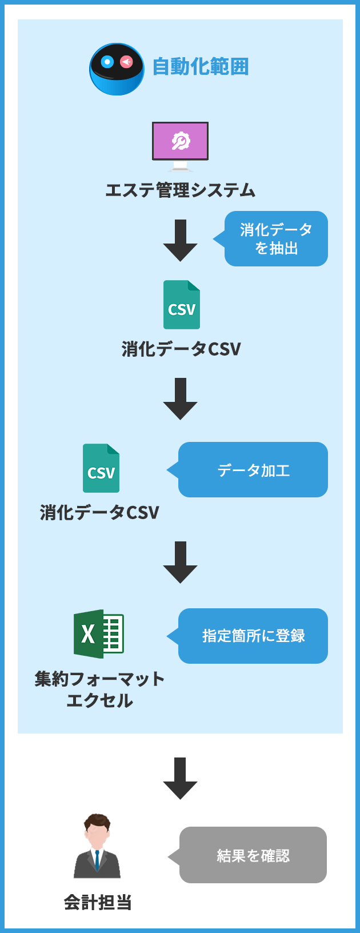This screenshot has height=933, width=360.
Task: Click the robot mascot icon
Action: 117,69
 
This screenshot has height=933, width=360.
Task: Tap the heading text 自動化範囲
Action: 201,67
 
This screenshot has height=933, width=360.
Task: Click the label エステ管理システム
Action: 180,190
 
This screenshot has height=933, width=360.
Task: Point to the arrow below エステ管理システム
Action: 180,240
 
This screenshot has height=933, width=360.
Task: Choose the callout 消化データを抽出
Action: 277,238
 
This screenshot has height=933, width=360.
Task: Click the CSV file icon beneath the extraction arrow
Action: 182,305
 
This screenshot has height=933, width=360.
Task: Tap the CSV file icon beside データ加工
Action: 101,468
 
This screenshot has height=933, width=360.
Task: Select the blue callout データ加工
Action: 253,470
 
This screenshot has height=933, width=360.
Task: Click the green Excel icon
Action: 98,634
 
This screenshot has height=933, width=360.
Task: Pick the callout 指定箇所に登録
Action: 253,636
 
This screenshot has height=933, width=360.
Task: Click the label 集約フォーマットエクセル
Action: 99,689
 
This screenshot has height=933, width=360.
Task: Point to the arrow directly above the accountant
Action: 180,778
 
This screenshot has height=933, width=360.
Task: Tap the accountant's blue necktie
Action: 97,859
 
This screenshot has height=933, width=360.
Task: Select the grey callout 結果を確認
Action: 253,855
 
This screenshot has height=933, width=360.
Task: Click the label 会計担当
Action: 98,903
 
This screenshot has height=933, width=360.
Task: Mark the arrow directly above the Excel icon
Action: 180,562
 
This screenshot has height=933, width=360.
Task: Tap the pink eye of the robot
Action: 126,62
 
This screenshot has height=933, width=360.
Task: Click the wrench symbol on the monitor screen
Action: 181,141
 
